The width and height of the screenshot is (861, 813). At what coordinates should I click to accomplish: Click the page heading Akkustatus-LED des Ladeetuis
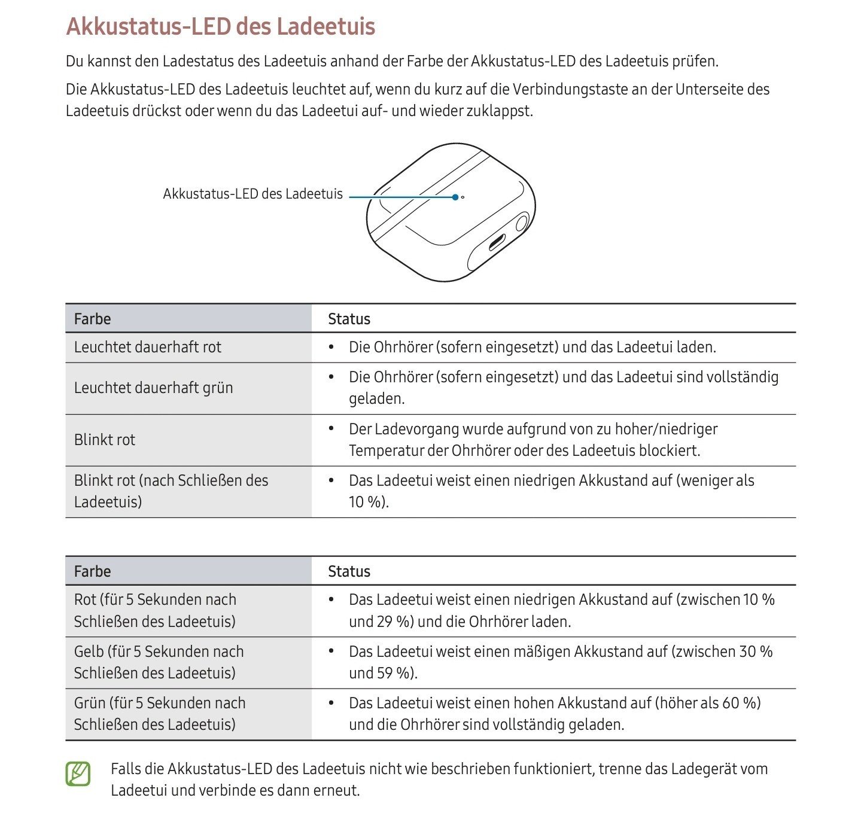(220, 27)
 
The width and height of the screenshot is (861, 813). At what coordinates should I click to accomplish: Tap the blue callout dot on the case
(455, 197)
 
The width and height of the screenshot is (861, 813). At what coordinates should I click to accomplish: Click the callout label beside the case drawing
(252, 194)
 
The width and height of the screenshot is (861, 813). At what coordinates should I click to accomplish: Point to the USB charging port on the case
(497, 243)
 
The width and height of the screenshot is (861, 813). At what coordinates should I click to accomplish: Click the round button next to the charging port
(521, 223)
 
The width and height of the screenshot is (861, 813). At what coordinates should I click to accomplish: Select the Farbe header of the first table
(92, 319)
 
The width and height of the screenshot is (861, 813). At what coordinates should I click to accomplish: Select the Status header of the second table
(349, 571)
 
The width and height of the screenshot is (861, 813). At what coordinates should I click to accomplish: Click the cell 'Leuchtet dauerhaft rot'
(147, 348)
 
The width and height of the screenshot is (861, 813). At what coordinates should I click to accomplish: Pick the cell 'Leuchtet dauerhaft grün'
(153, 388)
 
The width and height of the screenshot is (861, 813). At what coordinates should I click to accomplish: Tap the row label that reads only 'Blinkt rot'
(105, 440)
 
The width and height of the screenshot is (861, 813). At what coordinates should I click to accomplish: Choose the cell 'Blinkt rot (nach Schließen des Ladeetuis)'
(171, 491)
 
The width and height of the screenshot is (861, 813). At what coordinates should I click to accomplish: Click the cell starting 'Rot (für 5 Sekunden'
(155, 611)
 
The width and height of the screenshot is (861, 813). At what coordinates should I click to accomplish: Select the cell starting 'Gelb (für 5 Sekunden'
(159, 662)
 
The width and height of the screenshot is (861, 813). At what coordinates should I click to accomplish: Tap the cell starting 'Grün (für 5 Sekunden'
(159, 714)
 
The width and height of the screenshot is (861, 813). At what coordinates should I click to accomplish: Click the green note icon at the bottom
(78, 774)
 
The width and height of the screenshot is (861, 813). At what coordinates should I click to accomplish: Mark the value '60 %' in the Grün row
(741, 703)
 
